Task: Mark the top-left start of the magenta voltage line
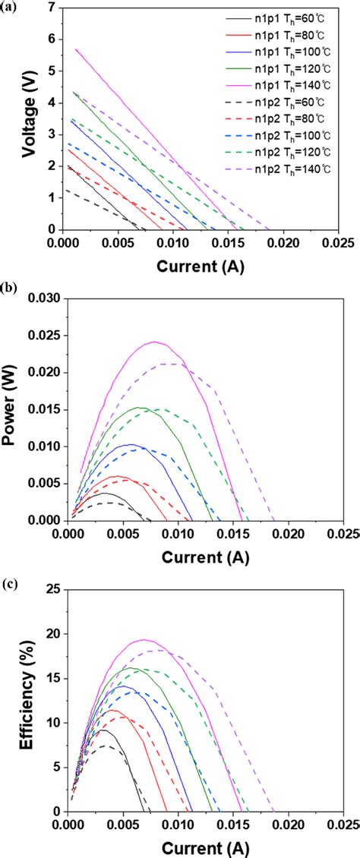(x=75, y=49)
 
